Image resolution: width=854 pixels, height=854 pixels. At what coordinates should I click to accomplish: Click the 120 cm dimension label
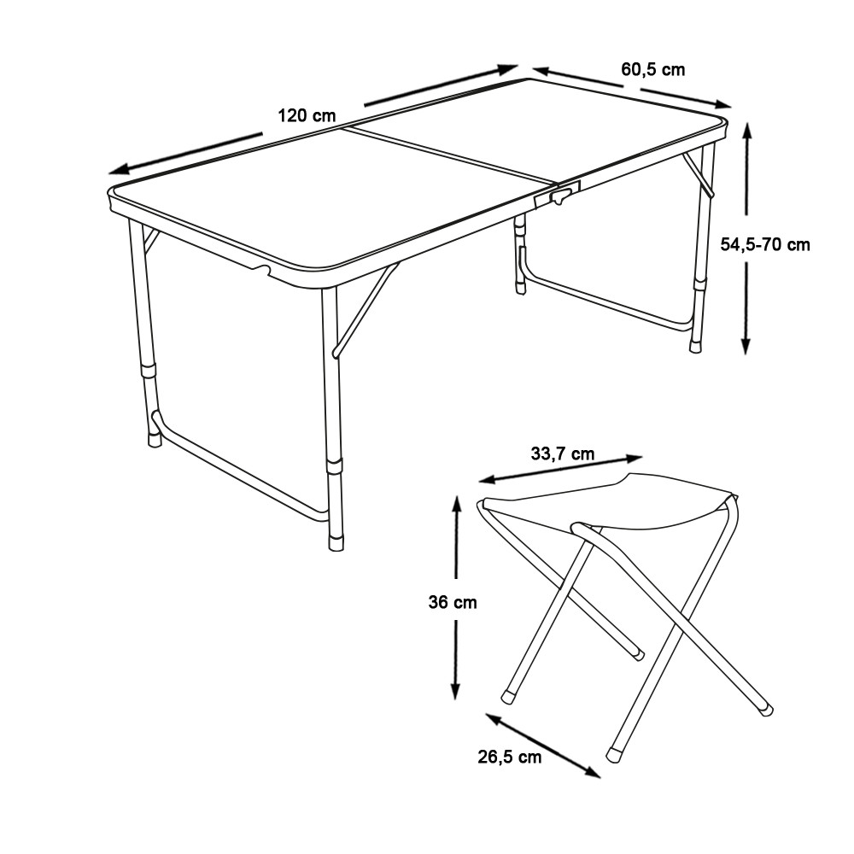(307, 116)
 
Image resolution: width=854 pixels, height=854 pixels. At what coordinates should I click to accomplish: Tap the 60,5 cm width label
(652, 69)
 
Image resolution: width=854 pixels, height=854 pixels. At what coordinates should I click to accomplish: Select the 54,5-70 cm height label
(765, 244)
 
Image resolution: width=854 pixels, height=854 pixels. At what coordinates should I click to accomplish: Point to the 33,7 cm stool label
(563, 453)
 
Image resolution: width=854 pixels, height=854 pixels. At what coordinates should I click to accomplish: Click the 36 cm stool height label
(453, 602)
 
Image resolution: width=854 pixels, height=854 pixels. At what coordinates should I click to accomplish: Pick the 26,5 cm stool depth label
(510, 757)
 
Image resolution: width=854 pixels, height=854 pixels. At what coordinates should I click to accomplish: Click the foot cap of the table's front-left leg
(155, 439)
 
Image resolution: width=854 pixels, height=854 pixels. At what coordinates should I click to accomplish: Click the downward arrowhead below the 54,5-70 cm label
(746, 345)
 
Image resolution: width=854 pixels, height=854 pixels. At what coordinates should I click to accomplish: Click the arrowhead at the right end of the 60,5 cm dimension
(721, 104)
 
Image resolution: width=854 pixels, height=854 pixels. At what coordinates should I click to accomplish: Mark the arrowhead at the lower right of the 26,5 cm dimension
(592, 772)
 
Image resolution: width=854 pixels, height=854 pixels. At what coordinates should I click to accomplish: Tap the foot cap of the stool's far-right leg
(767, 709)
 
